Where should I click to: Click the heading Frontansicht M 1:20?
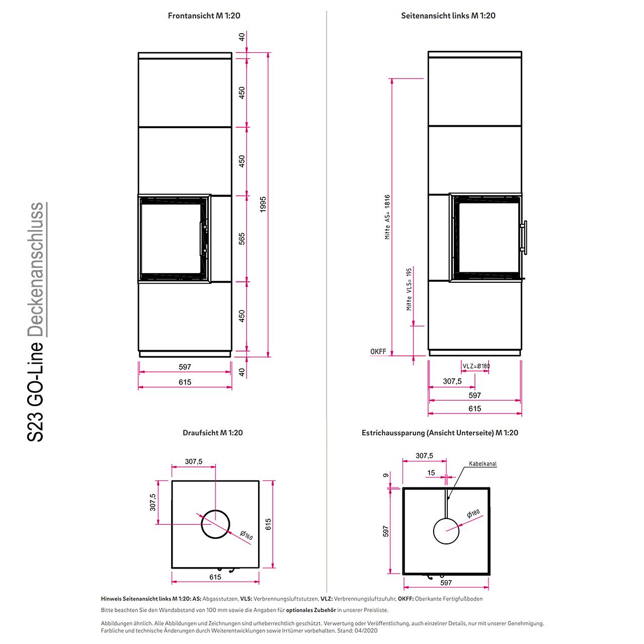[204, 16]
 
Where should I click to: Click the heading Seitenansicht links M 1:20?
[448, 16]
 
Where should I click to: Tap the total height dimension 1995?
[263, 204]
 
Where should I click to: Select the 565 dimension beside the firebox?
[242, 238]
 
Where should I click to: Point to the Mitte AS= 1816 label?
[387, 217]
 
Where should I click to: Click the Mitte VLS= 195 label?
[409, 289]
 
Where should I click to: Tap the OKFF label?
[378, 351]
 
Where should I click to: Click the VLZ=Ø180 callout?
[476, 366]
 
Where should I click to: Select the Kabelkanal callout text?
[482, 463]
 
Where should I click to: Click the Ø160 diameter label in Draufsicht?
[247, 535]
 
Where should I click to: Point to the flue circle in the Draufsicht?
[215, 510]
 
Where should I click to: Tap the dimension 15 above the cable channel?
[431, 472]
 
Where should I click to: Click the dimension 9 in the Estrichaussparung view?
[386, 475]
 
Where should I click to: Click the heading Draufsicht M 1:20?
[212, 433]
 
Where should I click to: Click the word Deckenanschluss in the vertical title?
[35, 269]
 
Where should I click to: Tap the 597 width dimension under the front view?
[185, 367]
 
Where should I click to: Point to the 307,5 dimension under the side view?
[452, 381]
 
